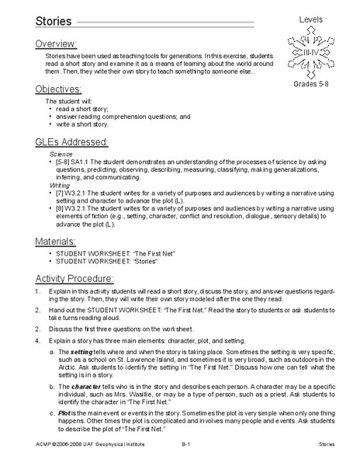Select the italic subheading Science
(x=61, y=155)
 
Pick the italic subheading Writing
(x=60, y=186)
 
